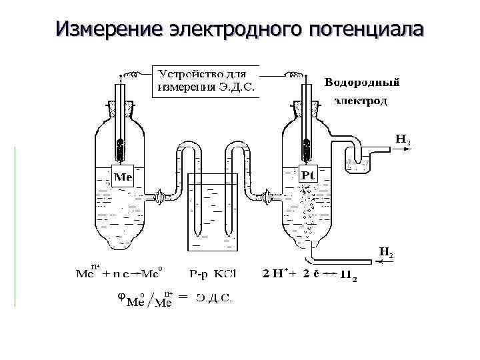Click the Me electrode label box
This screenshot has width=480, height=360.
pyautogui.click(x=123, y=177)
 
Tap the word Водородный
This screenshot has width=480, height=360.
pyautogui.click(x=363, y=83)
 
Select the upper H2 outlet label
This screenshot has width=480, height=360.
pyautogui.click(x=403, y=140)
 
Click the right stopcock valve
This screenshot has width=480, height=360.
pyautogui.click(x=268, y=197)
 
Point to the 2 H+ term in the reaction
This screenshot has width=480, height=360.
pyautogui.click(x=277, y=273)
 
